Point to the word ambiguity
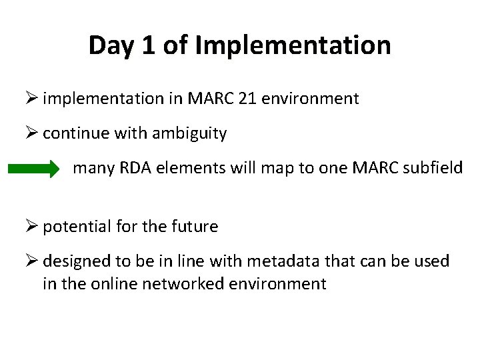191,133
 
